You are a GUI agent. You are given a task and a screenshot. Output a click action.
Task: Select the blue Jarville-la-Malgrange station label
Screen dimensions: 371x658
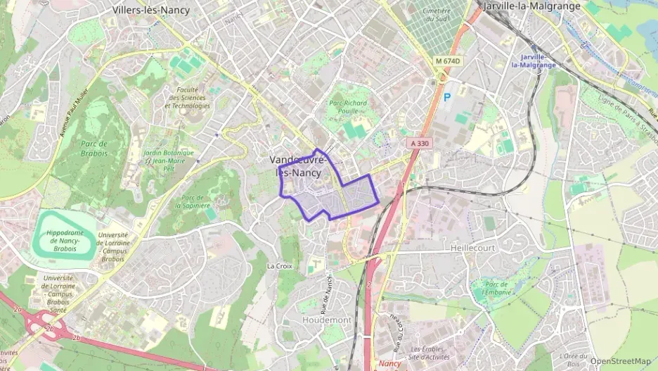tap(534, 61)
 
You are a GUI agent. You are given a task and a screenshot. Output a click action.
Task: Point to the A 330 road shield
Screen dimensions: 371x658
tap(418, 143)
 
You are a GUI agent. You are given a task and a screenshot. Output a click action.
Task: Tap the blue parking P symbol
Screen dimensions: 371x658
tap(447, 96)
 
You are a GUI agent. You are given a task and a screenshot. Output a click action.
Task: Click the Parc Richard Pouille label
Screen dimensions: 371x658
tap(348, 106)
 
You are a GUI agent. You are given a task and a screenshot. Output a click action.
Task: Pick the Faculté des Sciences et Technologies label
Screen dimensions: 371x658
tap(186, 98)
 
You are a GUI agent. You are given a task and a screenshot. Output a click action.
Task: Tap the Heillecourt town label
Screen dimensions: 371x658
tap(472, 249)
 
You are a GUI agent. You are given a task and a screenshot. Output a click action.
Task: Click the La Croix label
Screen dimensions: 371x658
tap(279, 266)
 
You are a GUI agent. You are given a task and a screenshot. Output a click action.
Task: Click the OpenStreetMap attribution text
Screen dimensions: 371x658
tap(620, 361)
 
